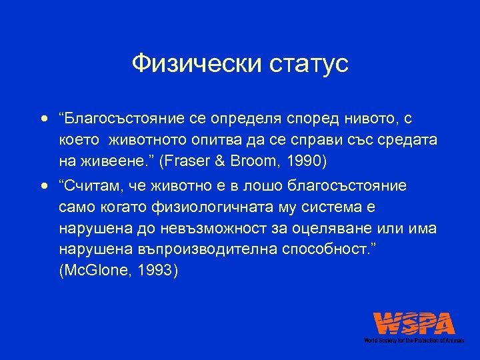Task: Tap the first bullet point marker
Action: tap(44, 120)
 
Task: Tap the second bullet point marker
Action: tap(44, 185)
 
